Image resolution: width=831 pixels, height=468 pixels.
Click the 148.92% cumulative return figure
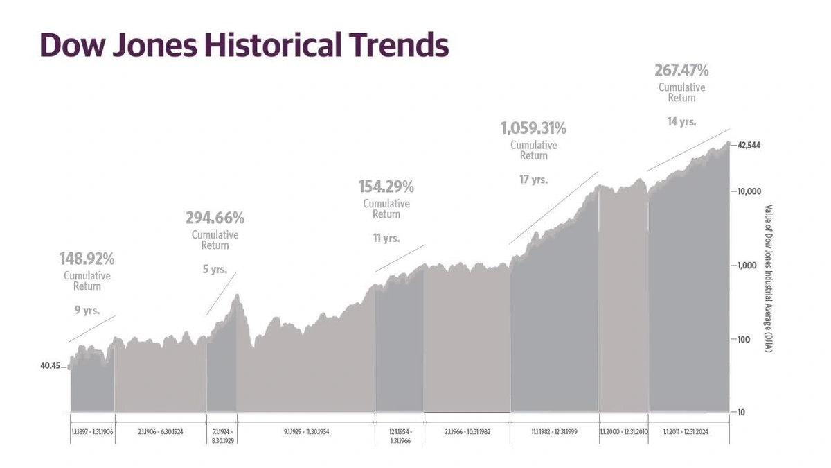[x=87, y=259]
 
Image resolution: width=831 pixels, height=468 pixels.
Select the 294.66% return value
[x=215, y=218]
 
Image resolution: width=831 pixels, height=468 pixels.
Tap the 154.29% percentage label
[x=386, y=187]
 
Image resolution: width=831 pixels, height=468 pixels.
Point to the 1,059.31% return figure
[x=533, y=128]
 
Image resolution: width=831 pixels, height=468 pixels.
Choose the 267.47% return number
[x=681, y=71]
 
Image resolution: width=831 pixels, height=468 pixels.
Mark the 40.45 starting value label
[x=51, y=365]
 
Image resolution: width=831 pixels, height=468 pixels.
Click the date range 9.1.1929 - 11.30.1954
[x=306, y=431]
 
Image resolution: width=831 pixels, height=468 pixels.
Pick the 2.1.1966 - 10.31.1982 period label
[x=467, y=431]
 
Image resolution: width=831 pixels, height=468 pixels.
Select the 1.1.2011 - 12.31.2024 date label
[x=686, y=431]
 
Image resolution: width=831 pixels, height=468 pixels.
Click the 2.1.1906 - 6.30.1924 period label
[x=161, y=431]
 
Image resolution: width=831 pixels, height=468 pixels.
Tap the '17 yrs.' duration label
[x=533, y=180]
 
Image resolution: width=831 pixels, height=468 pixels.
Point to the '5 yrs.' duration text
[x=215, y=269]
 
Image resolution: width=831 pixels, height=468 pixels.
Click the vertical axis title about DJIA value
[x=769, y=277]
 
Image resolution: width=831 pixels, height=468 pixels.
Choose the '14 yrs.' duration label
[x=681, y=122]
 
